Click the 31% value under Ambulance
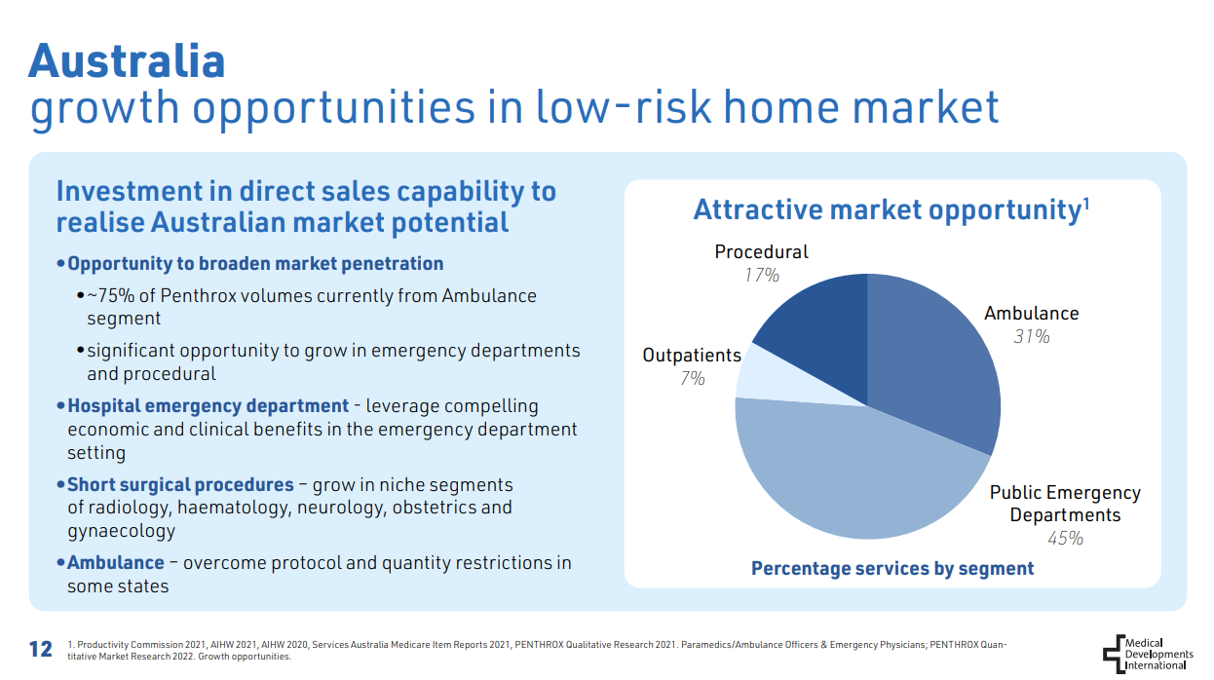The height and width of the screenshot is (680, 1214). [x=1032, y=336]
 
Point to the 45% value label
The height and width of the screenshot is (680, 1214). [x=1065, y=538]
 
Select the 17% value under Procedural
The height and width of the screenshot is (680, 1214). [x=762, y=276]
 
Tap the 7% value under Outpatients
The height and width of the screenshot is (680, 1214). [x=692, y=378]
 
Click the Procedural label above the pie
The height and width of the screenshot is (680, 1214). [x=761, y=252]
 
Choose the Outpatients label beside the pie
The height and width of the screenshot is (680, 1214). [x=692, y=355]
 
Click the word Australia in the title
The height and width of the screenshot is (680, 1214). [x=127, y=61]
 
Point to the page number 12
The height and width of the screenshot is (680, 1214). [x=41, y=649]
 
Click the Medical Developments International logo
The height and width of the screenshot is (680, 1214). [x=1148, y=654]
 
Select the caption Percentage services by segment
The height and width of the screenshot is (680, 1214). [x=892, y=568]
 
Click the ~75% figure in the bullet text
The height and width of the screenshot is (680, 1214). [x=110, y=296]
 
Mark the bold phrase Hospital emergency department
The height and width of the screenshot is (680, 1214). [x=209, y=406]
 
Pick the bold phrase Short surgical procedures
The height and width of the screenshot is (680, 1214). [x=180, y=484]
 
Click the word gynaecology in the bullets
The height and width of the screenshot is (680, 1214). [x=122, y=532]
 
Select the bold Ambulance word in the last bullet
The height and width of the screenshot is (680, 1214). [x=115, y=562]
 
